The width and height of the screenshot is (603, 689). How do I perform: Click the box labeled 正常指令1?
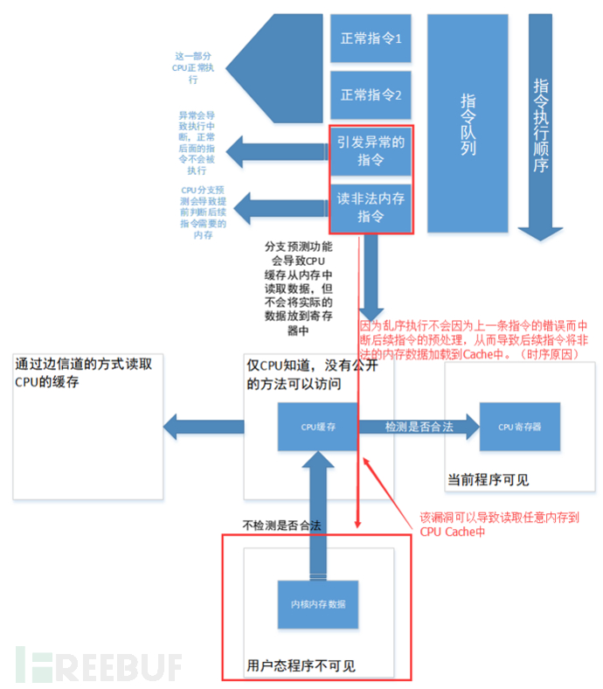pyautogui.click(x=371, y=38)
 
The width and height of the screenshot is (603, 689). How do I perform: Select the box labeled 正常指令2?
pyautogui.click(x=371, y=95)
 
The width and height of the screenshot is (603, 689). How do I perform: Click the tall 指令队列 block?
pyautogui.click(x=468, y=122)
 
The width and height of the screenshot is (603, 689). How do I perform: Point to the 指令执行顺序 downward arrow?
pyautogui.click(x=540, y=131)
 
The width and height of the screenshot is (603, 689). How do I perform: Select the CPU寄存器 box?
pyautogui.click(x=518, y=427)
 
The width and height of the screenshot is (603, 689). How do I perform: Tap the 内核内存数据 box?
pyautogui.click(x=318, y=604)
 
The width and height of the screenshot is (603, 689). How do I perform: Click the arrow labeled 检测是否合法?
pyautogui.click(x=419, y=427)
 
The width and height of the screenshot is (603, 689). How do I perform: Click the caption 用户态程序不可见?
pyautogui.click(x=301, y=665)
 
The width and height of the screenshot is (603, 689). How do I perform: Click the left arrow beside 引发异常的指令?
pyautogui.click(x=275, y=151)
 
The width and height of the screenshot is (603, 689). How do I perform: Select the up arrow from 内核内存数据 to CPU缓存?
pyautogui.click(x=318, y=516)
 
